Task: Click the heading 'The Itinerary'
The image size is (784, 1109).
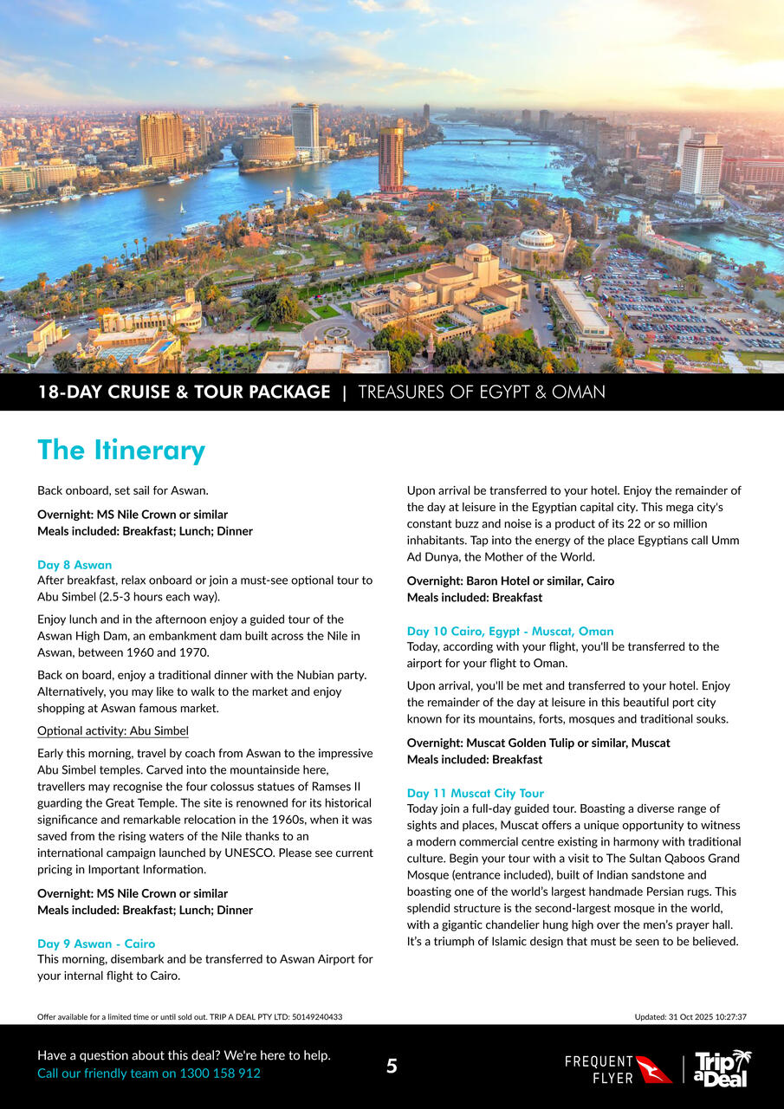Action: (x=121, y=451)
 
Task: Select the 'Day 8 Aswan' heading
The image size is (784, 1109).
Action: (x=75, y=565)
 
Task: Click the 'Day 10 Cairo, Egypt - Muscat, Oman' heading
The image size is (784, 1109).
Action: (x=510, y=631)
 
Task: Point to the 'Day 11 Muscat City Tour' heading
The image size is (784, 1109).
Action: (x=476, y=793)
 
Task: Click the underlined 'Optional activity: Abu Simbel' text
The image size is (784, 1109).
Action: (x=113, y=730)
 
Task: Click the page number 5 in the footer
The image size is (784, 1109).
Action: (x=392, y=1067)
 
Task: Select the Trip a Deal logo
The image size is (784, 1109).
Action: (x=722, y=1068)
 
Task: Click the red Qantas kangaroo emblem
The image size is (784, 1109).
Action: (x=654, y=1069)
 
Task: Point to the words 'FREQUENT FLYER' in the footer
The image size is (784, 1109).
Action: (x=599, y=1069)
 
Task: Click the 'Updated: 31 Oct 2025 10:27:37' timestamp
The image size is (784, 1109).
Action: (x=690, y=1017)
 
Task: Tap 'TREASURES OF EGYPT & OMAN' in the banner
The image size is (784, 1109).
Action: (x=482, y=392)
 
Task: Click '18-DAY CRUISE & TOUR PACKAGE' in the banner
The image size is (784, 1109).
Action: (x=184, y=392)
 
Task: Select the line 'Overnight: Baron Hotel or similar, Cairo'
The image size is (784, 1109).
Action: (x=510, y=580)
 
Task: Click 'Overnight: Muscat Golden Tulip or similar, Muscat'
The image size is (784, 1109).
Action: (x=538, y=743)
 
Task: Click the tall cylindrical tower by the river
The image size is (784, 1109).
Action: (x=391, y=159)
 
